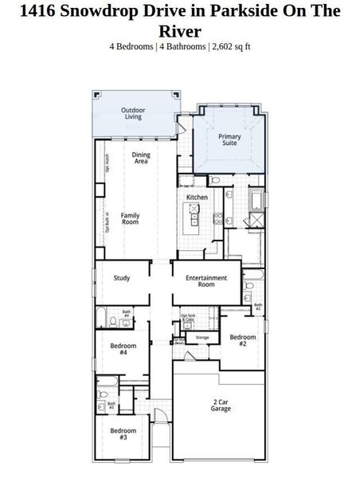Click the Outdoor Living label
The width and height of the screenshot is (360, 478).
click(132, 113)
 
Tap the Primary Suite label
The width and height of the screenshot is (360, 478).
click(229, 139)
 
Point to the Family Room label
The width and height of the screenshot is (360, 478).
click(130, 217)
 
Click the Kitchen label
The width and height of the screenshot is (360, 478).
click(197, 197)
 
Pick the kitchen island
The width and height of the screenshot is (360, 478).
click(194, 215)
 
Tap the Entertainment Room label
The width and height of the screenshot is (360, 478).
click(206, 280)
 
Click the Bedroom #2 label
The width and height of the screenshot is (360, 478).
click(243, 340)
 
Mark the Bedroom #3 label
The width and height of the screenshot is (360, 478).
click(118, 434)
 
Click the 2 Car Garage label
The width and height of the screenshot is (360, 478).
click(221, 405)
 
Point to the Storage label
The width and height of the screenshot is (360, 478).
click(202, 337)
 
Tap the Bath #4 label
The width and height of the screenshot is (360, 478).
click(126, 313)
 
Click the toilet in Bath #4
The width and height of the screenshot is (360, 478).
click(114, 320)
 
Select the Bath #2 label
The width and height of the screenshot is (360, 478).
click(257, 306)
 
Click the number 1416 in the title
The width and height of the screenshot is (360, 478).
click(39, 11)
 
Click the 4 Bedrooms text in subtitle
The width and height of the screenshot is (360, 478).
click(132, 46)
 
